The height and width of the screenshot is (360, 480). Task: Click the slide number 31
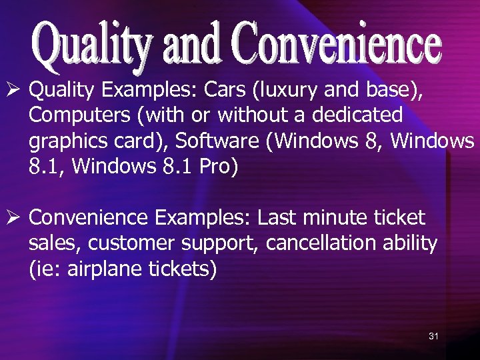point(433,336)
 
